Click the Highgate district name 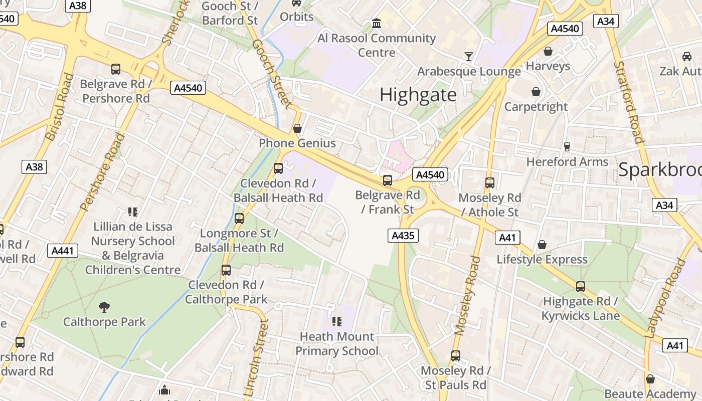click(418, 95)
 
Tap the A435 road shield click(403, 235)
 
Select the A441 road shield click(63, 251)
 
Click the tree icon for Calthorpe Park click(104, 307)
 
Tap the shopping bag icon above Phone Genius click(297, 128)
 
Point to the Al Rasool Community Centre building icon click(377, 23)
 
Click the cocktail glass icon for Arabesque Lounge click(469, 56)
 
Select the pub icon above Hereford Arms click(567, 146)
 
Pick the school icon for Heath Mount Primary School click(336, 321)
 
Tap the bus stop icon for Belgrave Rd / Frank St click(387, 180)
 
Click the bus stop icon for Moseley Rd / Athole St click(490, 183)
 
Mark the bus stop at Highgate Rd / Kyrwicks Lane click(580, 287)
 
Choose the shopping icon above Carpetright click(536, 92)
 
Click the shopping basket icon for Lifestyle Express click(542, 245)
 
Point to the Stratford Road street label click(629, 102)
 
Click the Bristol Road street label click(60, 107)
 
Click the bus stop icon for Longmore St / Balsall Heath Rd click(239, 219)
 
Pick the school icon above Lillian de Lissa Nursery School click(133, 212)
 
